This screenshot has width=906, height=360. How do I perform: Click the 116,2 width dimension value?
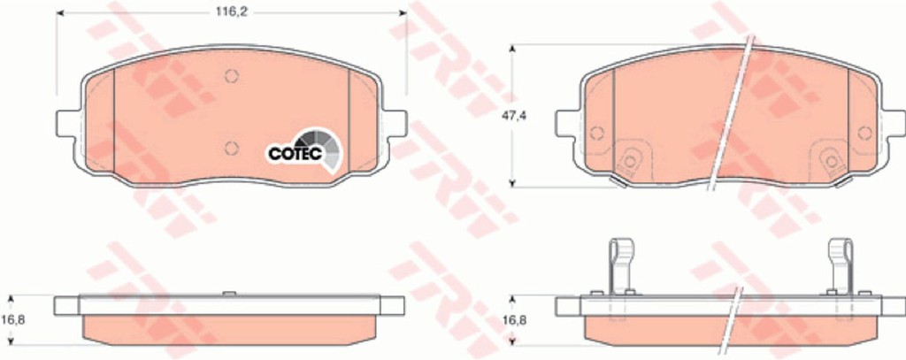pyautogui.click(x=231, y=12)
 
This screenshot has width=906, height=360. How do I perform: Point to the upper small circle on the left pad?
pyautogui.click(x=232, y=76)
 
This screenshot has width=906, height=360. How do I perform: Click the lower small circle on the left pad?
pyautogui.click(x=232, y=148)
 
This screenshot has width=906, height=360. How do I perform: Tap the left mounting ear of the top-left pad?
pyautogui.click(x=67, y=123)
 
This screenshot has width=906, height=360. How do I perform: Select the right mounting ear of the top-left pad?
pyautogui.click(x=395, y=123)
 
